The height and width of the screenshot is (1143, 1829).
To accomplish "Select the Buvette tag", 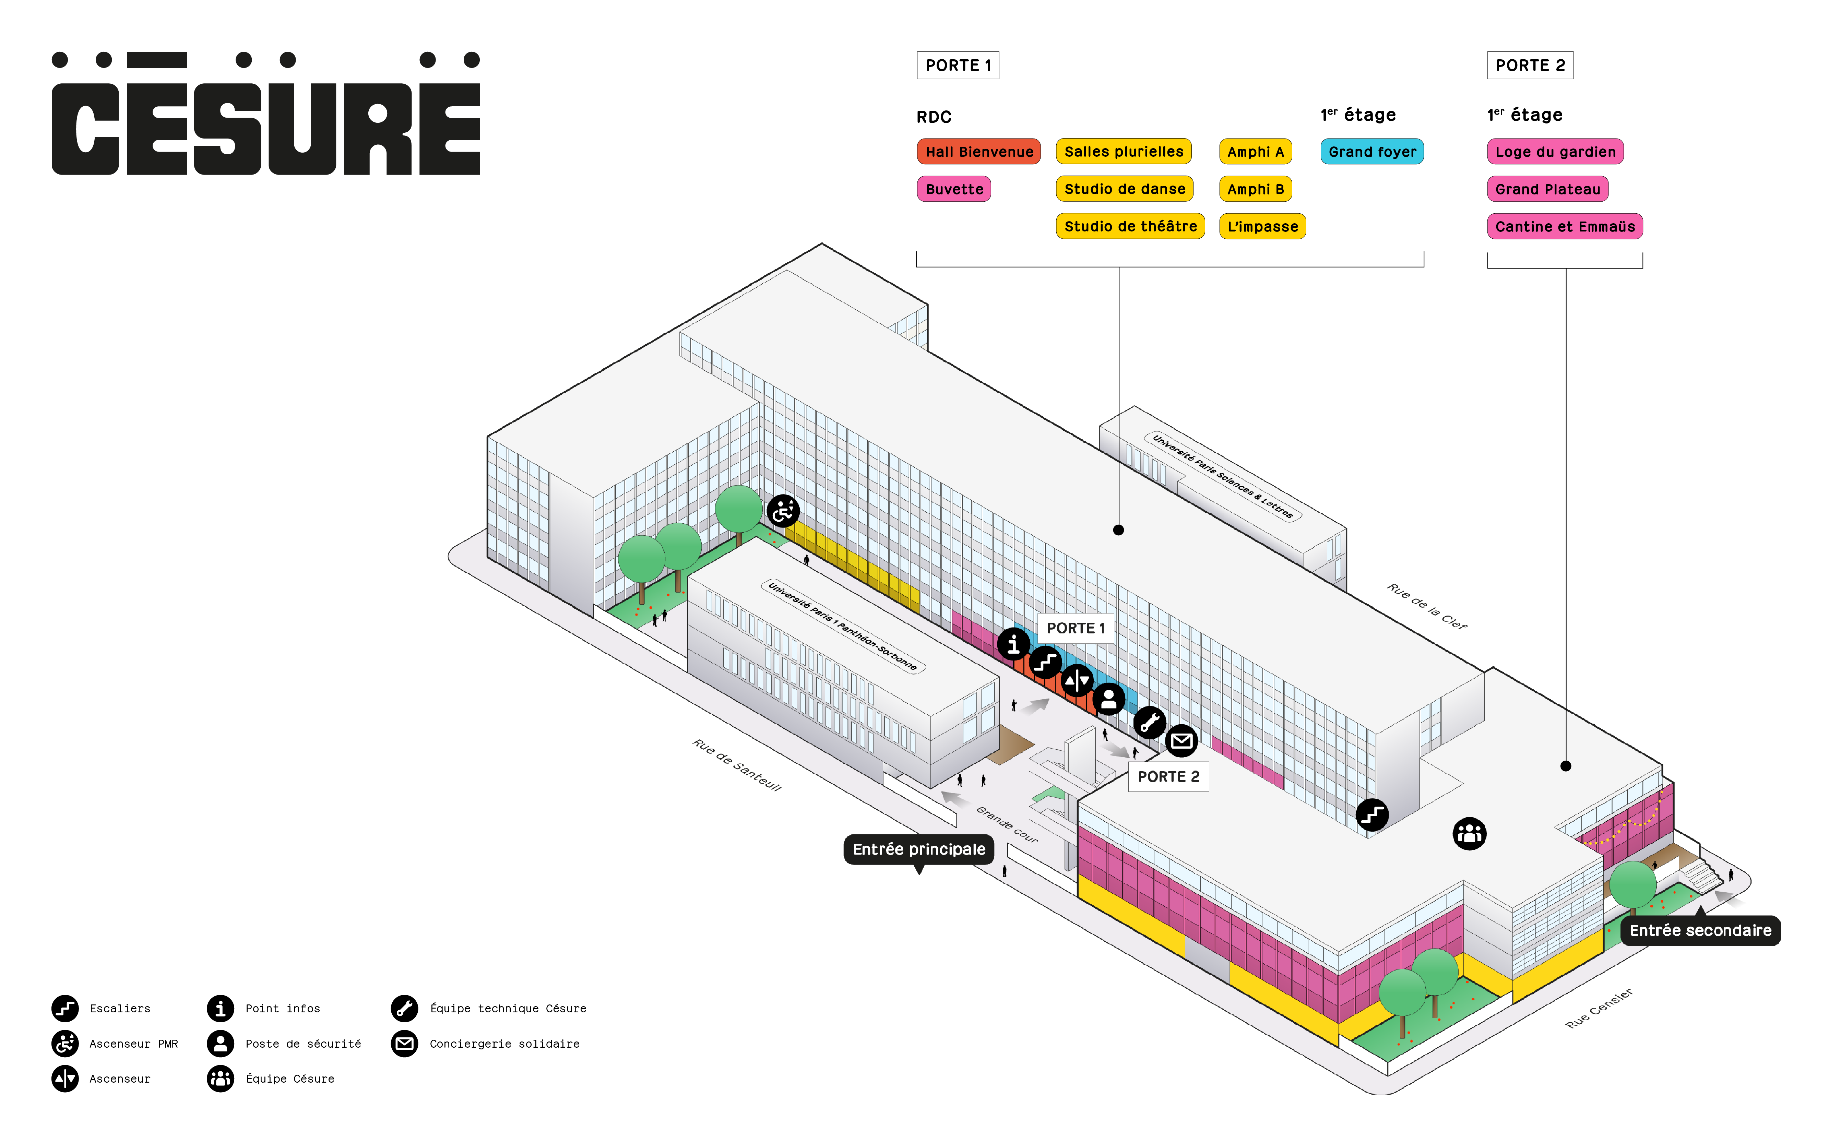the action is pyautogui.click(x=954, y=189).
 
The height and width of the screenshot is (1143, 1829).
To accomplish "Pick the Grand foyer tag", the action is pyautogui.click(x=1372, y=152).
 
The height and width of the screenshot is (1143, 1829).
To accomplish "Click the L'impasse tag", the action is pyautogui.click(x=1262, y=227).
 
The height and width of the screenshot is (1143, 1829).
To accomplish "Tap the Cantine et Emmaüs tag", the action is pyautogui.click(x=1565, y=227).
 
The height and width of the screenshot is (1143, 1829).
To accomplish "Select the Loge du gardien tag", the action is pyautogui.click(x=1555, y=152).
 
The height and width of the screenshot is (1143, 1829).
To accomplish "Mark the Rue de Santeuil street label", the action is pyautogui.click(x=737, y=765).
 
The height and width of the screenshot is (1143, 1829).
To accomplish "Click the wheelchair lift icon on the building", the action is pyautogui.click(x=783, y=512).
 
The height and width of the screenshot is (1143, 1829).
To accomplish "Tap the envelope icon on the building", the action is pyautogui.click(x=1181, y=741).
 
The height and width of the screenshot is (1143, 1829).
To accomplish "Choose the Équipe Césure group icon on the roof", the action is pyautogui.click(x=1469, y=834).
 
